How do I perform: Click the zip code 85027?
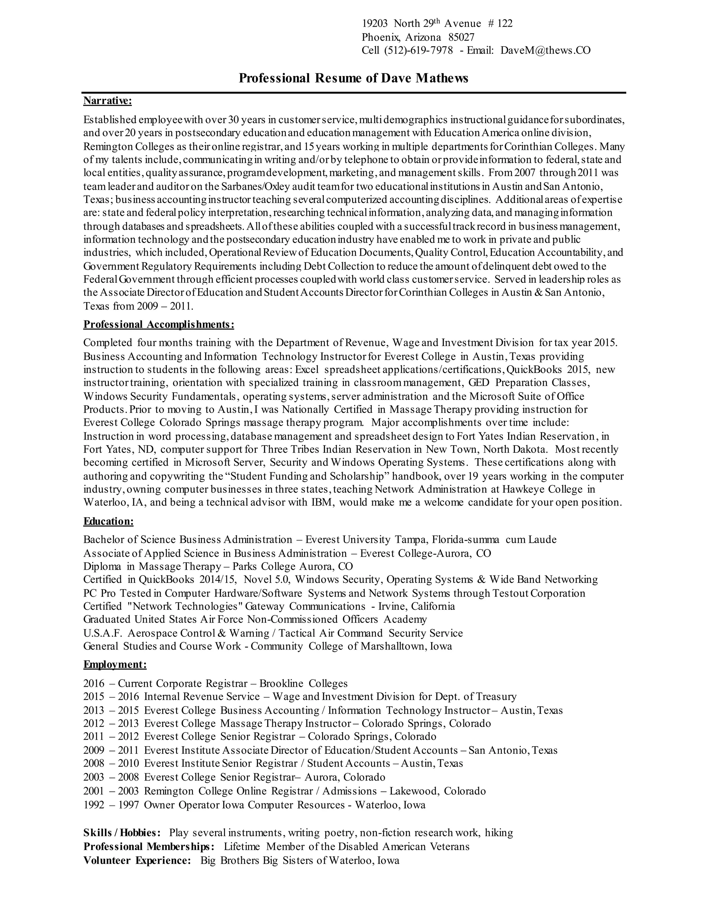[461, 37]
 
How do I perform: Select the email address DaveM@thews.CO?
[545, 50]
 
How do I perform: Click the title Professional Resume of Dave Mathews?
[353, 78]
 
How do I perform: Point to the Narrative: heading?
[108, 100]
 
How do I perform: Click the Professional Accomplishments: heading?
[159, 324]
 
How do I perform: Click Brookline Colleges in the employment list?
[303, 683]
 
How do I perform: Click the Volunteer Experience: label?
[137, 860]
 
